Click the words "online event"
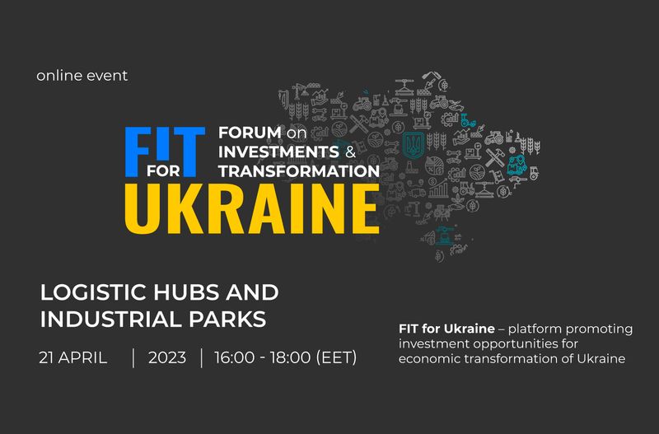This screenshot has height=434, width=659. click(x=82, y=76)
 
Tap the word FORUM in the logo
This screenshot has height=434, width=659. click(x=250, y=133)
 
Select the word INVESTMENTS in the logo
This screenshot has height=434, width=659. click(x=278, y=152)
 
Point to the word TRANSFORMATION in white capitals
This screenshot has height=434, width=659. click(x=299, y=171)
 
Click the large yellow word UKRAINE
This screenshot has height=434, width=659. click(x=252, y=209)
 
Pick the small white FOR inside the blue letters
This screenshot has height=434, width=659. click(x=163, y=171)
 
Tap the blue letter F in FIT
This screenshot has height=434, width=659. click(x=138, y=152)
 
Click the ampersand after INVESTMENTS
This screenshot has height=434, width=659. click(x=351, y=152)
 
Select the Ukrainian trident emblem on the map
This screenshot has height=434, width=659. click(x=414, y=144)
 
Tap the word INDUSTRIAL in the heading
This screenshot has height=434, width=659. click(x=111, y=320)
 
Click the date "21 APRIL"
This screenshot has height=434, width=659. click(x=73, y=358)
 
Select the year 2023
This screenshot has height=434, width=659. click(x=167, y=358)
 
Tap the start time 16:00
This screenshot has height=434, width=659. click(x=235, y=358)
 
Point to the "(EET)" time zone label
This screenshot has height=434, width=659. click(x=336, y=358)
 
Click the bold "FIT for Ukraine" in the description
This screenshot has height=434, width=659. click(x=446, y=329)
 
